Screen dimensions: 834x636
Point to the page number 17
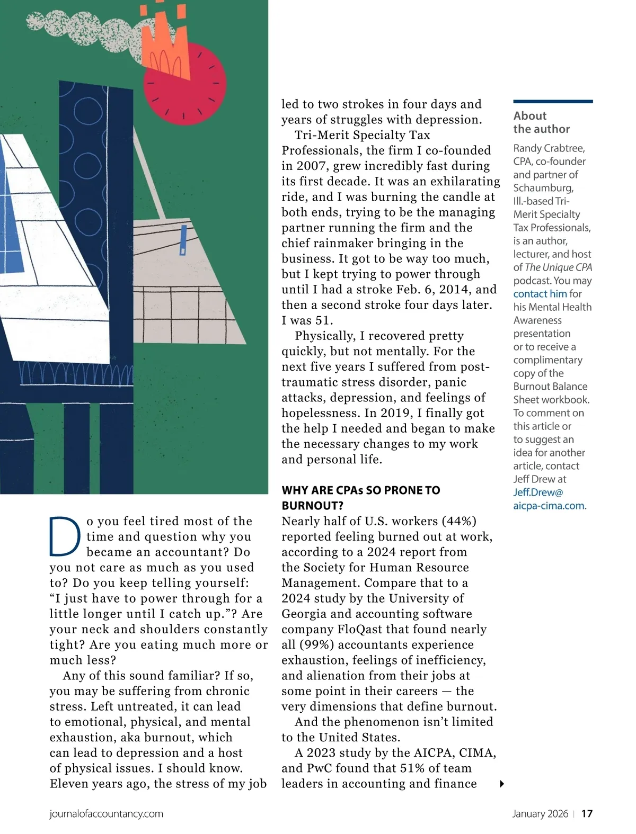pos(587,814)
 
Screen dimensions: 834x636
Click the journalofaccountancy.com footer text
pos(106,814)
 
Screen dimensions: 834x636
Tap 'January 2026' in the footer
pos(540,814)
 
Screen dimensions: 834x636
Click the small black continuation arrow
pos(502,784)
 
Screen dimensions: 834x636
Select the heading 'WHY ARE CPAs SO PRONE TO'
pos(360,490)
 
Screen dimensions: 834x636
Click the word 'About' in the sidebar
pos(529,116)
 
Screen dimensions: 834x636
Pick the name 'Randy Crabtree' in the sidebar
pos(549,148)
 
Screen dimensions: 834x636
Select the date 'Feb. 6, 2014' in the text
pos(434,289)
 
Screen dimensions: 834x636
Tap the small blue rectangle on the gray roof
pos(183,240)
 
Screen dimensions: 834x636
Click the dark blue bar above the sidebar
pos(553,101)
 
